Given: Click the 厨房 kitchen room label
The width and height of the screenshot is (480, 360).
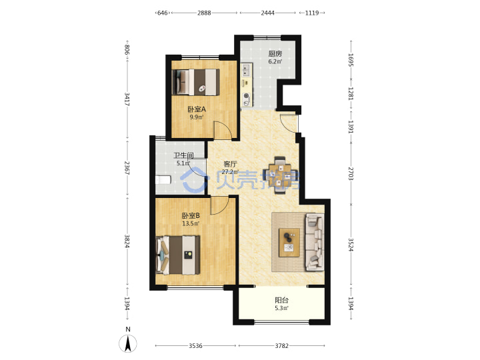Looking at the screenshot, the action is click(x=275, y=54).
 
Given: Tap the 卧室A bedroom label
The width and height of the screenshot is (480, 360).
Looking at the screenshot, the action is click(x=196, y=109).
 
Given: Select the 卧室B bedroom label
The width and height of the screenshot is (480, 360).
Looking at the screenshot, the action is click(x=191, y=216).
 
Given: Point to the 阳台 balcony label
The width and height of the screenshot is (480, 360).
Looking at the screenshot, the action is click(x=281, y=300).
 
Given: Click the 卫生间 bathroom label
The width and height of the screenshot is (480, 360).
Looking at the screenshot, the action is click(x=184, y=155).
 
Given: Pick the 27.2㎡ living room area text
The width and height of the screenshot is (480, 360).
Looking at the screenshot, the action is click(x=230, y=172).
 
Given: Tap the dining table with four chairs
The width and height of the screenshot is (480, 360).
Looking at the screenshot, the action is click(x=280, y=175).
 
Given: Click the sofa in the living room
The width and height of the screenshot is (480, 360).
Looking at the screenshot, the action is click(x=315, y=242).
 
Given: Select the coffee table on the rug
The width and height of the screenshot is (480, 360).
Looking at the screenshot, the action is click(x=289, y=243).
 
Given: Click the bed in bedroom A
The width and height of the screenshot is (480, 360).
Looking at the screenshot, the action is click(x=196, y=82).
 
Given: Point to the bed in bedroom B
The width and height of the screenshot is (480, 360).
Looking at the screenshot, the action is click(x=178, y=255).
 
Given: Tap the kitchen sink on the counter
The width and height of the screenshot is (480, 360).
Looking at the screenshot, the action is click(x=247, y=70).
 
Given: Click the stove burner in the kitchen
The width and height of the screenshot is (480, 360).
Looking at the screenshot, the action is click(x=247, y=96).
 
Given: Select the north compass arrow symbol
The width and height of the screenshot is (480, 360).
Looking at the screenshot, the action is click(x=128, y=343).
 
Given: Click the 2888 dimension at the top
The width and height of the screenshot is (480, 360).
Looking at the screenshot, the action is click(x=204, y=13).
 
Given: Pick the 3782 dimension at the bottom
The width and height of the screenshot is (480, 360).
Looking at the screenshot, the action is click(x=281, y=345).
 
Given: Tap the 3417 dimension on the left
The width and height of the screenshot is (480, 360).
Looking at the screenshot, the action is click(x=127, y=99).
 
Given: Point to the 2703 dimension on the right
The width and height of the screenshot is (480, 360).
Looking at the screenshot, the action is click(x=351, y=174).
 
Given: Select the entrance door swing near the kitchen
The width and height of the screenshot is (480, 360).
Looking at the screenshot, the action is click(x=289, y=123).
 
